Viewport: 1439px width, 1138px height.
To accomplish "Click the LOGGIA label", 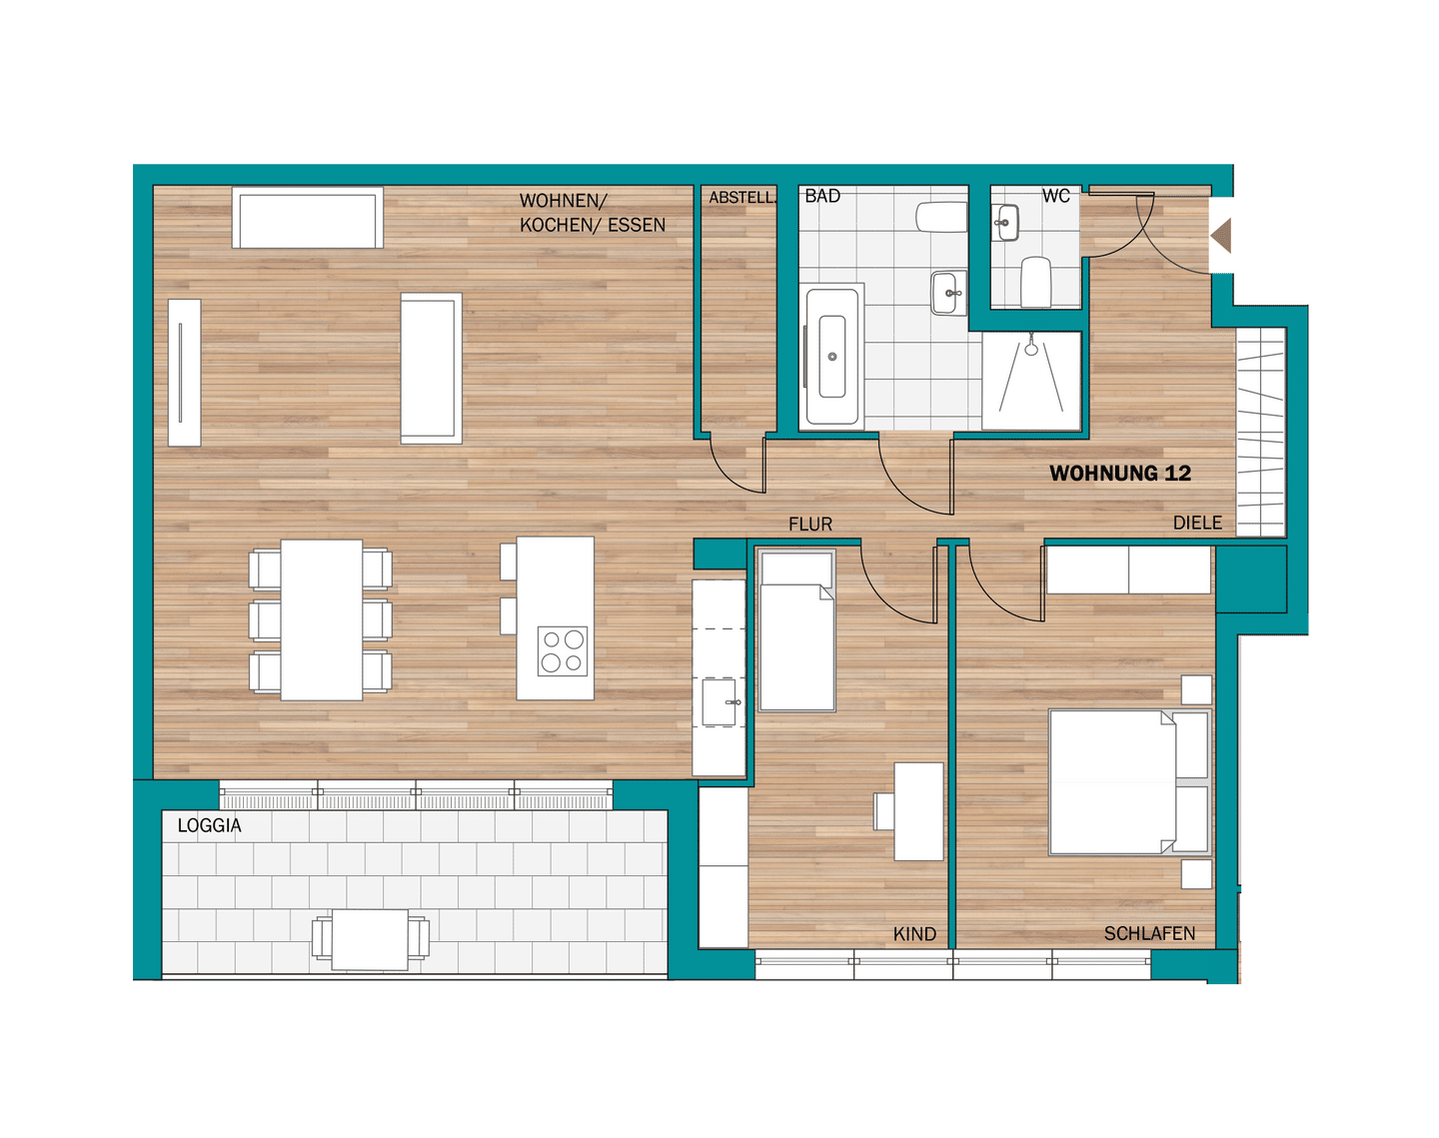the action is pyautogui.click(x=209, y=825).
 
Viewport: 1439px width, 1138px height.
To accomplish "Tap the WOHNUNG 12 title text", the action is pyautogui.click(x=1120, y=474).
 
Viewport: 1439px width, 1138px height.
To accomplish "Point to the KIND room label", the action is pyautogui.click(x=914, y=934).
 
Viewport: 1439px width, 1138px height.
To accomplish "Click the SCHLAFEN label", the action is pyautogui.click(x=1149, y=933).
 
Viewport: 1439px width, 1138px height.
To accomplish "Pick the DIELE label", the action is pyautogui.click(x=1197, y=523).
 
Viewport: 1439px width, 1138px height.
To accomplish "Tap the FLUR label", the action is pyautogui.click(x=810, y=525).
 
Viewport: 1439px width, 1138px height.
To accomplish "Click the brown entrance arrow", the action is pyautogui.click(x=1221, y=236).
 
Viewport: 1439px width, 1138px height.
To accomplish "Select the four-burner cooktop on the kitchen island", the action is pyautogui.click(x=563, y=651).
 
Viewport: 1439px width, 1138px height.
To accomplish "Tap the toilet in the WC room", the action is pyautogui.click(x=1036, y=282).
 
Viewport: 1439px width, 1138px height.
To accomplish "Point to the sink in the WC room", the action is pyautogui.click(x=1005, y=223).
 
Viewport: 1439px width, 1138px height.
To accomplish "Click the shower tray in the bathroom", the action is pyautogui.click(x=1031, y=381).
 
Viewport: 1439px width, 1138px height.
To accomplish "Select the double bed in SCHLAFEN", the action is pyautogui.click(x=1130, y=782).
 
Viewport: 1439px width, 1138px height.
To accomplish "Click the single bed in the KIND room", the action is pyautogui.click(x=796, y=630).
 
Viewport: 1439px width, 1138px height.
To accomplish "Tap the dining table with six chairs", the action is pyautogui.click(x=321, y=619).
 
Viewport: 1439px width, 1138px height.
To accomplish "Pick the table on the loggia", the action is pyautogui.click(x=370, y=939).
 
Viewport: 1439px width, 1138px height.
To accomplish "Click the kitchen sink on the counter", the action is pyautogui.click(x=719, y=702).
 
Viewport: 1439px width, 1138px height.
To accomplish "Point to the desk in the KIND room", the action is pyautogui.click(x=918, y=811).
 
